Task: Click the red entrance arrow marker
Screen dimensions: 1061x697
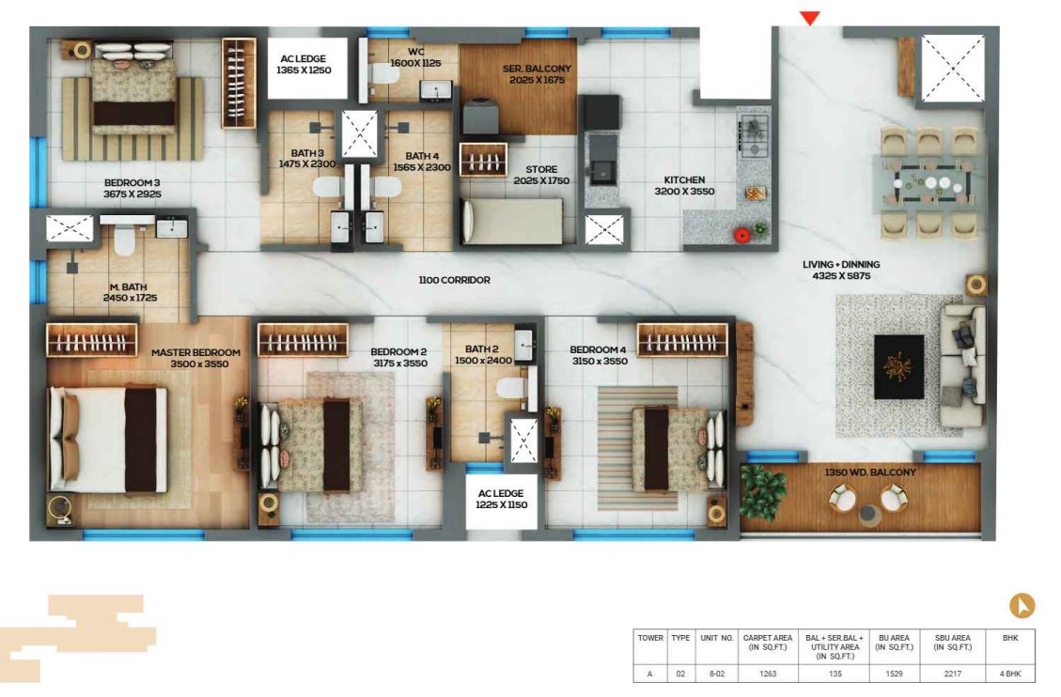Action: pos(810,18)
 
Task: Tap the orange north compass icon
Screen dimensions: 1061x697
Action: pos(1022,605)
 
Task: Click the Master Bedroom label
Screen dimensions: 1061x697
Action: pos(196,358)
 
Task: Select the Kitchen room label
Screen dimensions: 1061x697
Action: pos(684,185)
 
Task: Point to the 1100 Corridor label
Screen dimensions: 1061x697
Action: pos(454,280)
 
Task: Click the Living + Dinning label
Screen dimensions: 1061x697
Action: pos(841,270)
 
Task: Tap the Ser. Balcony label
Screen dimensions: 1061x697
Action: pos(537,74)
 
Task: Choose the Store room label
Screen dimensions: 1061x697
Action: pos(541,175)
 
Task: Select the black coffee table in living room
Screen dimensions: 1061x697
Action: pos(898,366)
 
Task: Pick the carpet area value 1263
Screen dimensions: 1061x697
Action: pos(768,674)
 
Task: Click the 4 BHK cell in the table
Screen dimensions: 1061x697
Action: pos(1009,674)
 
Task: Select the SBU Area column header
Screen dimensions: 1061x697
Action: pos(952,643)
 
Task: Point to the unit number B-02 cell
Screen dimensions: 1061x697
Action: pos(717,674)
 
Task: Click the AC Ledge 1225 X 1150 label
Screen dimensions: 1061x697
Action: pos(502,499)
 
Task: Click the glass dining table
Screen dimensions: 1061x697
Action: pos(928,182)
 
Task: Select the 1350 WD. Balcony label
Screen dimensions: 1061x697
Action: pos(870,472)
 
